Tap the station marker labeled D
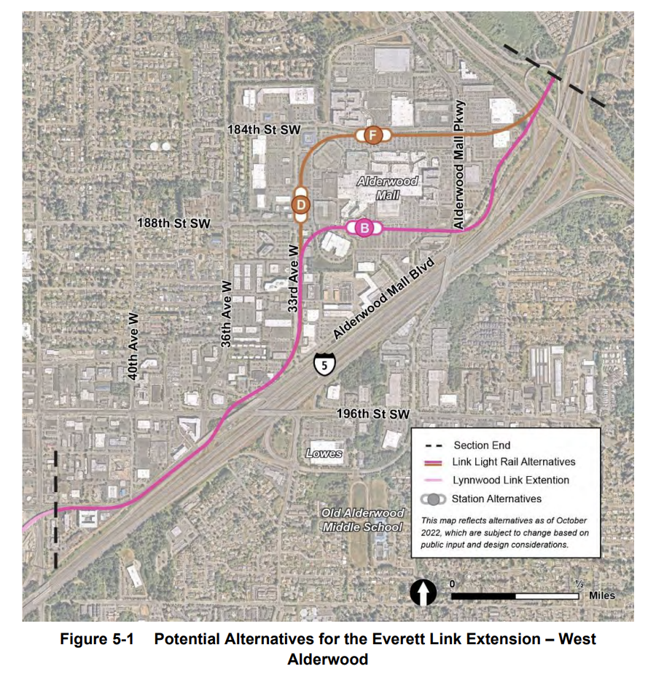click(300, 205)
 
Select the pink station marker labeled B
click(364, 229)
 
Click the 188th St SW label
click(173, 223)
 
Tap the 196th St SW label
click(373, 413)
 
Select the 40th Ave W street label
click(134, 345)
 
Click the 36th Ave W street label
click(227, 313)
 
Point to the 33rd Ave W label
click(293, 280)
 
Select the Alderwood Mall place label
click(387, 188)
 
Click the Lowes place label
click(324, 453)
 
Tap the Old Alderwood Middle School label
click(362, 520)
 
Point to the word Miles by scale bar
click(602, 595)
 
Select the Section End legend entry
click(481, 446)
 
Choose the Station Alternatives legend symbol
click(434, 499)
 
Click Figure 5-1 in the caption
click(102, 639)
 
